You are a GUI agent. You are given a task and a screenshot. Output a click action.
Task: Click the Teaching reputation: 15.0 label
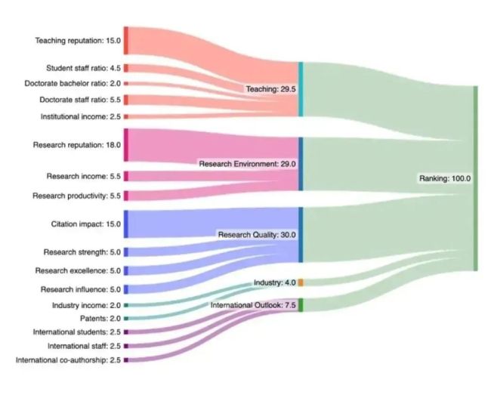78,41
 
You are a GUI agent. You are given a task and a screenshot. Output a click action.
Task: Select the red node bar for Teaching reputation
126,41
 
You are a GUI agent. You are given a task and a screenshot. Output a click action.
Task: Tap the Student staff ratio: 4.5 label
83,68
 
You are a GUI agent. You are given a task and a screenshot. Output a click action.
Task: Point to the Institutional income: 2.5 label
81,116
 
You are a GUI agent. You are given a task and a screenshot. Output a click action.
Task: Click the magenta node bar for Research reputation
126,145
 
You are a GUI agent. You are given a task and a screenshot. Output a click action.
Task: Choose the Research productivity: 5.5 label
76,196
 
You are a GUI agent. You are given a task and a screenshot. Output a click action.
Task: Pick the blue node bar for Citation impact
126,224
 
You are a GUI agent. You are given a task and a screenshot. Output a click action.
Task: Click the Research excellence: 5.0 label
78,270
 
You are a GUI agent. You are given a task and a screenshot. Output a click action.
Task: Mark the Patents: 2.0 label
100,318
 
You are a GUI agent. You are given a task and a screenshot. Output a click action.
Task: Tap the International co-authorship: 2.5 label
68,360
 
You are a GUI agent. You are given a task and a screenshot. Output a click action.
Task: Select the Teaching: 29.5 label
271,89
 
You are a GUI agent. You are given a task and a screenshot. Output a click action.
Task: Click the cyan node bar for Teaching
301,90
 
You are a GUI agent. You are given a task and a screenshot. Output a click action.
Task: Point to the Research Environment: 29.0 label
247,164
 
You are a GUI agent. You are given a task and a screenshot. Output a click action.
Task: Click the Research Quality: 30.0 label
257,235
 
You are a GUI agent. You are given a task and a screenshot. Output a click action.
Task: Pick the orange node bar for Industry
301,282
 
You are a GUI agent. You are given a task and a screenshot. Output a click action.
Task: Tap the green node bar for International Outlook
301,305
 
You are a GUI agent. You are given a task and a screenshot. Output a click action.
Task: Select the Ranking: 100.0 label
445,178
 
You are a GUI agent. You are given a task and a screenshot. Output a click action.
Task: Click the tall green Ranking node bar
475,178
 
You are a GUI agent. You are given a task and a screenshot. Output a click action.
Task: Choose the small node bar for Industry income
126,305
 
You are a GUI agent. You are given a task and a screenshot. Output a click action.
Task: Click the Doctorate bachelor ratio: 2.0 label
73,83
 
